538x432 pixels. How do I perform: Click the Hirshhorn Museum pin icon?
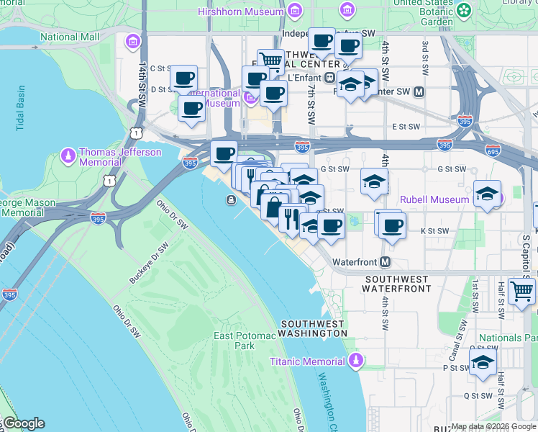pos(294,12)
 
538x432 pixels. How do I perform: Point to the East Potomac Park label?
pos(234,341)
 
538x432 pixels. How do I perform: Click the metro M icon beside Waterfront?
pos(386,261)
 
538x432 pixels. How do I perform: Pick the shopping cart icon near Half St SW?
pos(521,290)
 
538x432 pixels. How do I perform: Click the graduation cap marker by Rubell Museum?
pos(487,194)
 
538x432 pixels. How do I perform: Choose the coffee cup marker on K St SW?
pos(392,225)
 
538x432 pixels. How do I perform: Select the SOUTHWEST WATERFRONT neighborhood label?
pos(398,283)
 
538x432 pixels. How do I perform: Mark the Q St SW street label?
pos(476,395)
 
